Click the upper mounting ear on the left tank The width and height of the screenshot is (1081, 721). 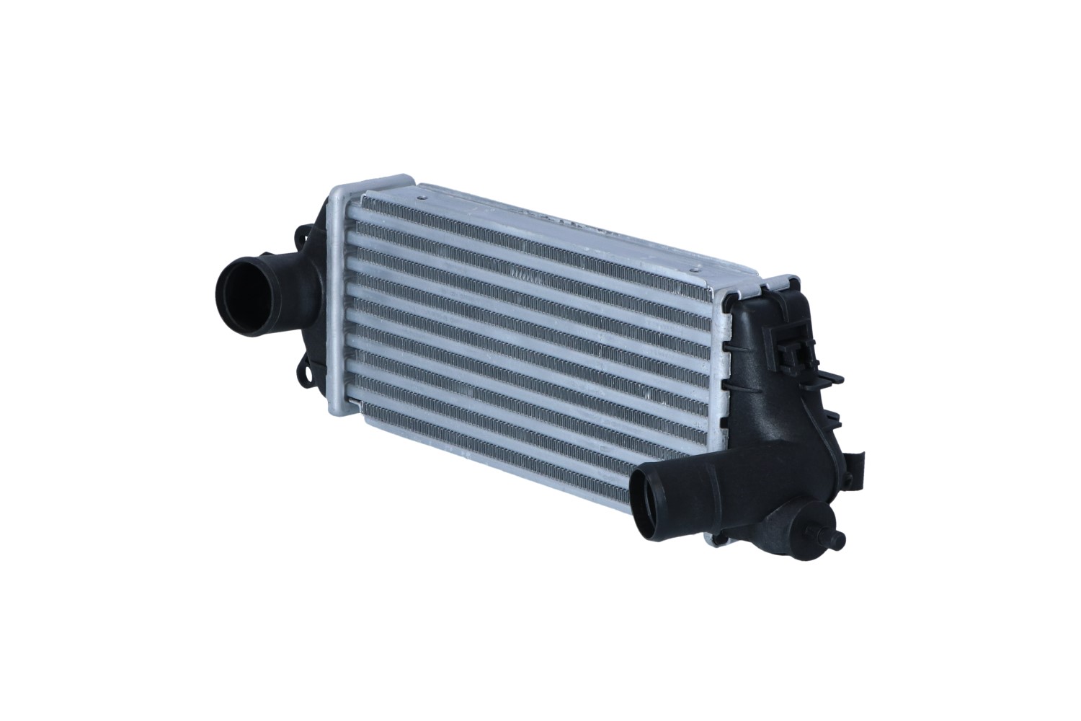click(x=303, y=236)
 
